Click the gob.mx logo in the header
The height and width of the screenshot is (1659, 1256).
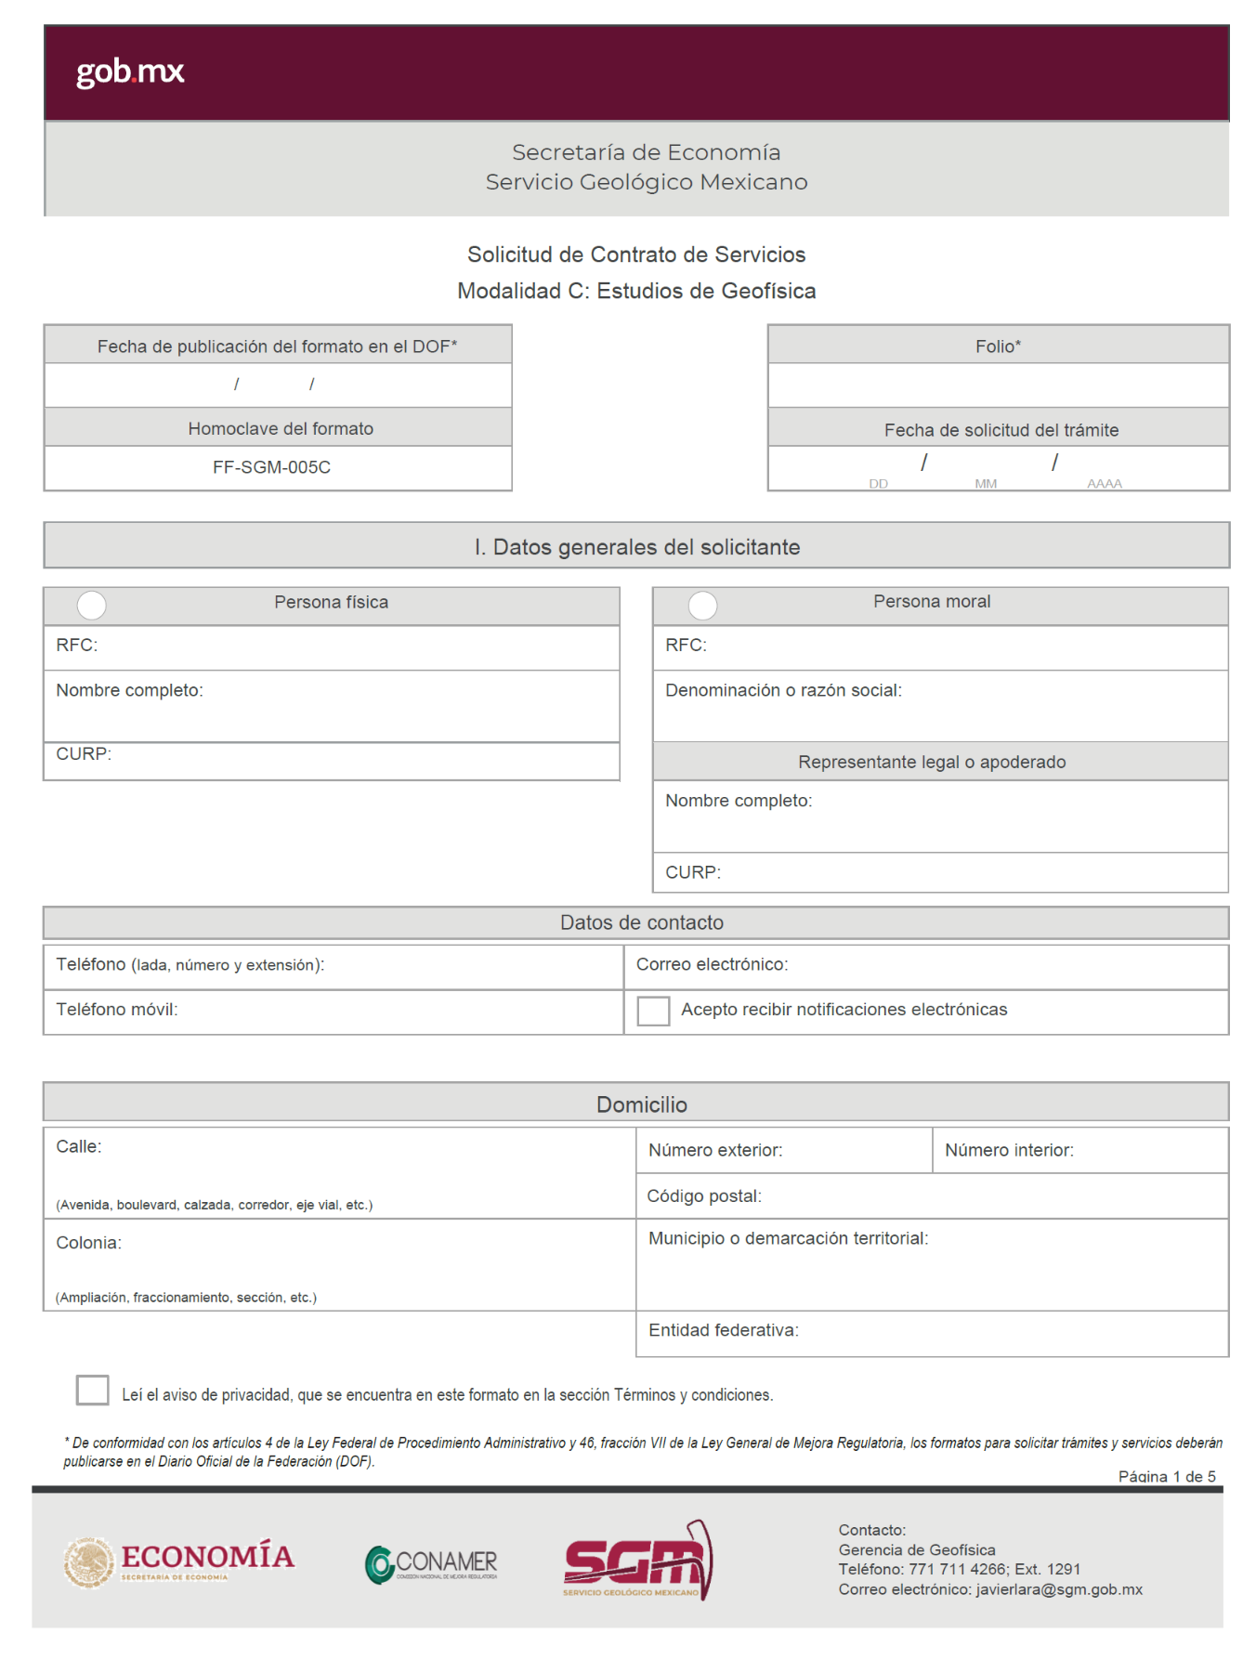[130, 72]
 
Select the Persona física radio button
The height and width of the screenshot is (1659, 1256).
[92, 605]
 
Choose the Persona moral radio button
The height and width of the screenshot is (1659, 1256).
[702, 606]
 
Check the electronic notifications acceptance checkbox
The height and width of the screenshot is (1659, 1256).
[653, 1011]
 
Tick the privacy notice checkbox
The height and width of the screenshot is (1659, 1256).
[93, 1390]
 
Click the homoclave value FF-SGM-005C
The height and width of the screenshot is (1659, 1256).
[271, 467]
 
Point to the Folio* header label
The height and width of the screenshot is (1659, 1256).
[998, 346]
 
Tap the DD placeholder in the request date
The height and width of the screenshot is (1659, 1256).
[878, 483]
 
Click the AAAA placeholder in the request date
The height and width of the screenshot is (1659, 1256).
[1105, 483]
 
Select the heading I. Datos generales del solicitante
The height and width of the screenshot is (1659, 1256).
[636, 547]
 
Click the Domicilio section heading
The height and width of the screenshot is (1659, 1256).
[641, 1104]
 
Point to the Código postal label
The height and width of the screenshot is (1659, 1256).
[704, 1195]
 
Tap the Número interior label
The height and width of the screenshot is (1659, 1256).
[1009, 1150]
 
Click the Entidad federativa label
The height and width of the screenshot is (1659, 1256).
[723, 1330]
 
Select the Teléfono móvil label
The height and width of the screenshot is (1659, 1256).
[117, 1009]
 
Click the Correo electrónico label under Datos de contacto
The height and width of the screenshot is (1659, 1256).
[712, 964]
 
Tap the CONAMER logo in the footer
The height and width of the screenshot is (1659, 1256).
[431, 1564]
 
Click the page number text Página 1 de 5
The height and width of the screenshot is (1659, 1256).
[1166, 1476]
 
